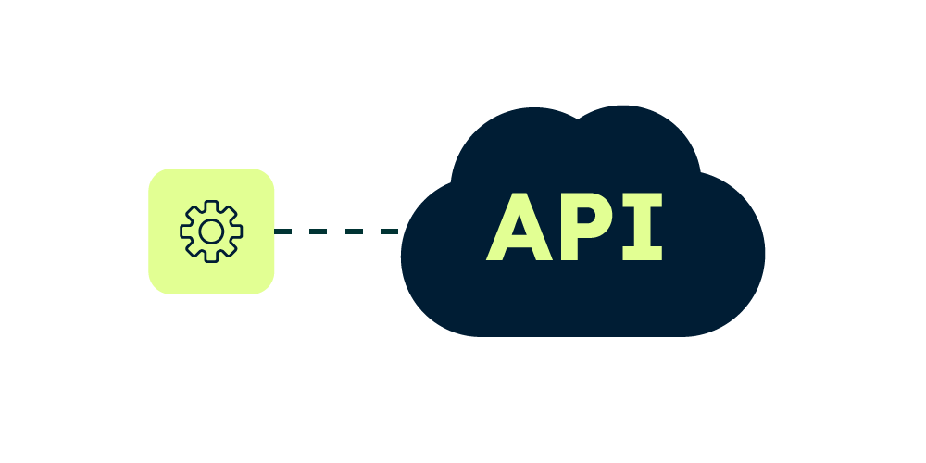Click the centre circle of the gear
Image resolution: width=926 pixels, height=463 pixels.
211,231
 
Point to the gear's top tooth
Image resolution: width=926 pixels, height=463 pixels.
211,205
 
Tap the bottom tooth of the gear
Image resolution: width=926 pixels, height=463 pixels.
211,257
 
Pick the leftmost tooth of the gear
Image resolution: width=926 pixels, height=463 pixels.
185,231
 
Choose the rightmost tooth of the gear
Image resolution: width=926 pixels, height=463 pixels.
237,231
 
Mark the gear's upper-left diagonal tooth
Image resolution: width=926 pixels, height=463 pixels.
193,212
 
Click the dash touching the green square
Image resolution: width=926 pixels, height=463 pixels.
283,231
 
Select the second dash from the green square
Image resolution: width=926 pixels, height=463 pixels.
319,231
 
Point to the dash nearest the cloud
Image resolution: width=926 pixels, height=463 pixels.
389,231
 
